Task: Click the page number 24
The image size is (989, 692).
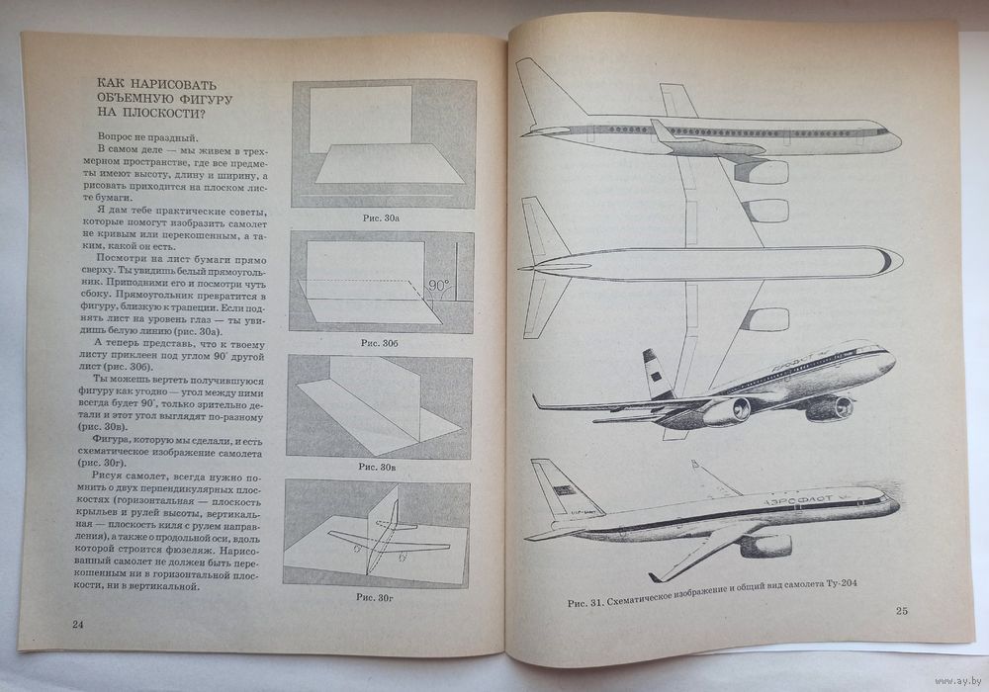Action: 77,625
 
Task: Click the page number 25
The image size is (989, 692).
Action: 901,610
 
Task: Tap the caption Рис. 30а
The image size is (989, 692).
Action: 381,218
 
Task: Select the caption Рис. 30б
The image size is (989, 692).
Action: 379,343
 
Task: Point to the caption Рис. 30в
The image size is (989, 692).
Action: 377,467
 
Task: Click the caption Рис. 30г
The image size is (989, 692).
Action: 375,597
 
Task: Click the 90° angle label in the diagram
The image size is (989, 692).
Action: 439,286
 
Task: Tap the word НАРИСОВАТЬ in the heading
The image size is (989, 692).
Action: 166,84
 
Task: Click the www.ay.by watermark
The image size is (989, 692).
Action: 958,681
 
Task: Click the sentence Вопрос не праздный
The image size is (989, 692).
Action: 147,136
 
